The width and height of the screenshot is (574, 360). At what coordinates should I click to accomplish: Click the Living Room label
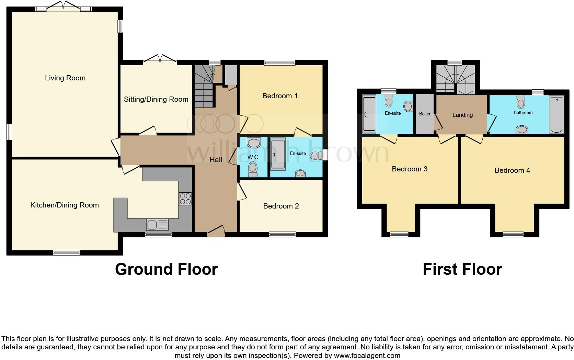point(65,78)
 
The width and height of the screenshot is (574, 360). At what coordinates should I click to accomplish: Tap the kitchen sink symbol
point(157,225)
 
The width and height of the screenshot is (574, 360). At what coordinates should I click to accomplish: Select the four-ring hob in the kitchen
point(185,199)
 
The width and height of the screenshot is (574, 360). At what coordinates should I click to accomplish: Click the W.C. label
point(253,157)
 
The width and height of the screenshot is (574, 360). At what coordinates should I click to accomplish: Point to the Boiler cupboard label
point(425,114)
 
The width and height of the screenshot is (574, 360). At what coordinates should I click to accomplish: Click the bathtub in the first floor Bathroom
point(556,114)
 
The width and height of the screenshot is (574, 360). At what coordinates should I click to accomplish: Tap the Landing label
point(462,115)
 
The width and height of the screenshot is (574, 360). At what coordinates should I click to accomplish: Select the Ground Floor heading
point(166,269)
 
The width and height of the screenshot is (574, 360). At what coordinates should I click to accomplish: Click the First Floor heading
point(462,269)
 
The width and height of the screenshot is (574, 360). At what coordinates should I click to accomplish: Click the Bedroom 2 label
point(281,206)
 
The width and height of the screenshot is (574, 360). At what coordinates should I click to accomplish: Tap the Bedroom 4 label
point(512,170)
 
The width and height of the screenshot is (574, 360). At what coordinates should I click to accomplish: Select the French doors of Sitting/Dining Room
point(160,60)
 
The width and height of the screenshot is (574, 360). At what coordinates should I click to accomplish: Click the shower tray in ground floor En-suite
point(278,154)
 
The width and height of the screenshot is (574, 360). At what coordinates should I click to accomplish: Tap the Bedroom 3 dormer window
point(399,235)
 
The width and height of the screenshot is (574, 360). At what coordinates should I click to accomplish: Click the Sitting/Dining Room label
point(156,99)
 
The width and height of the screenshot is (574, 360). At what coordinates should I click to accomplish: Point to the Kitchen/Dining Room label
point(65,205)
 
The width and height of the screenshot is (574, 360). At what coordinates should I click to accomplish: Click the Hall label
point(216,160)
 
